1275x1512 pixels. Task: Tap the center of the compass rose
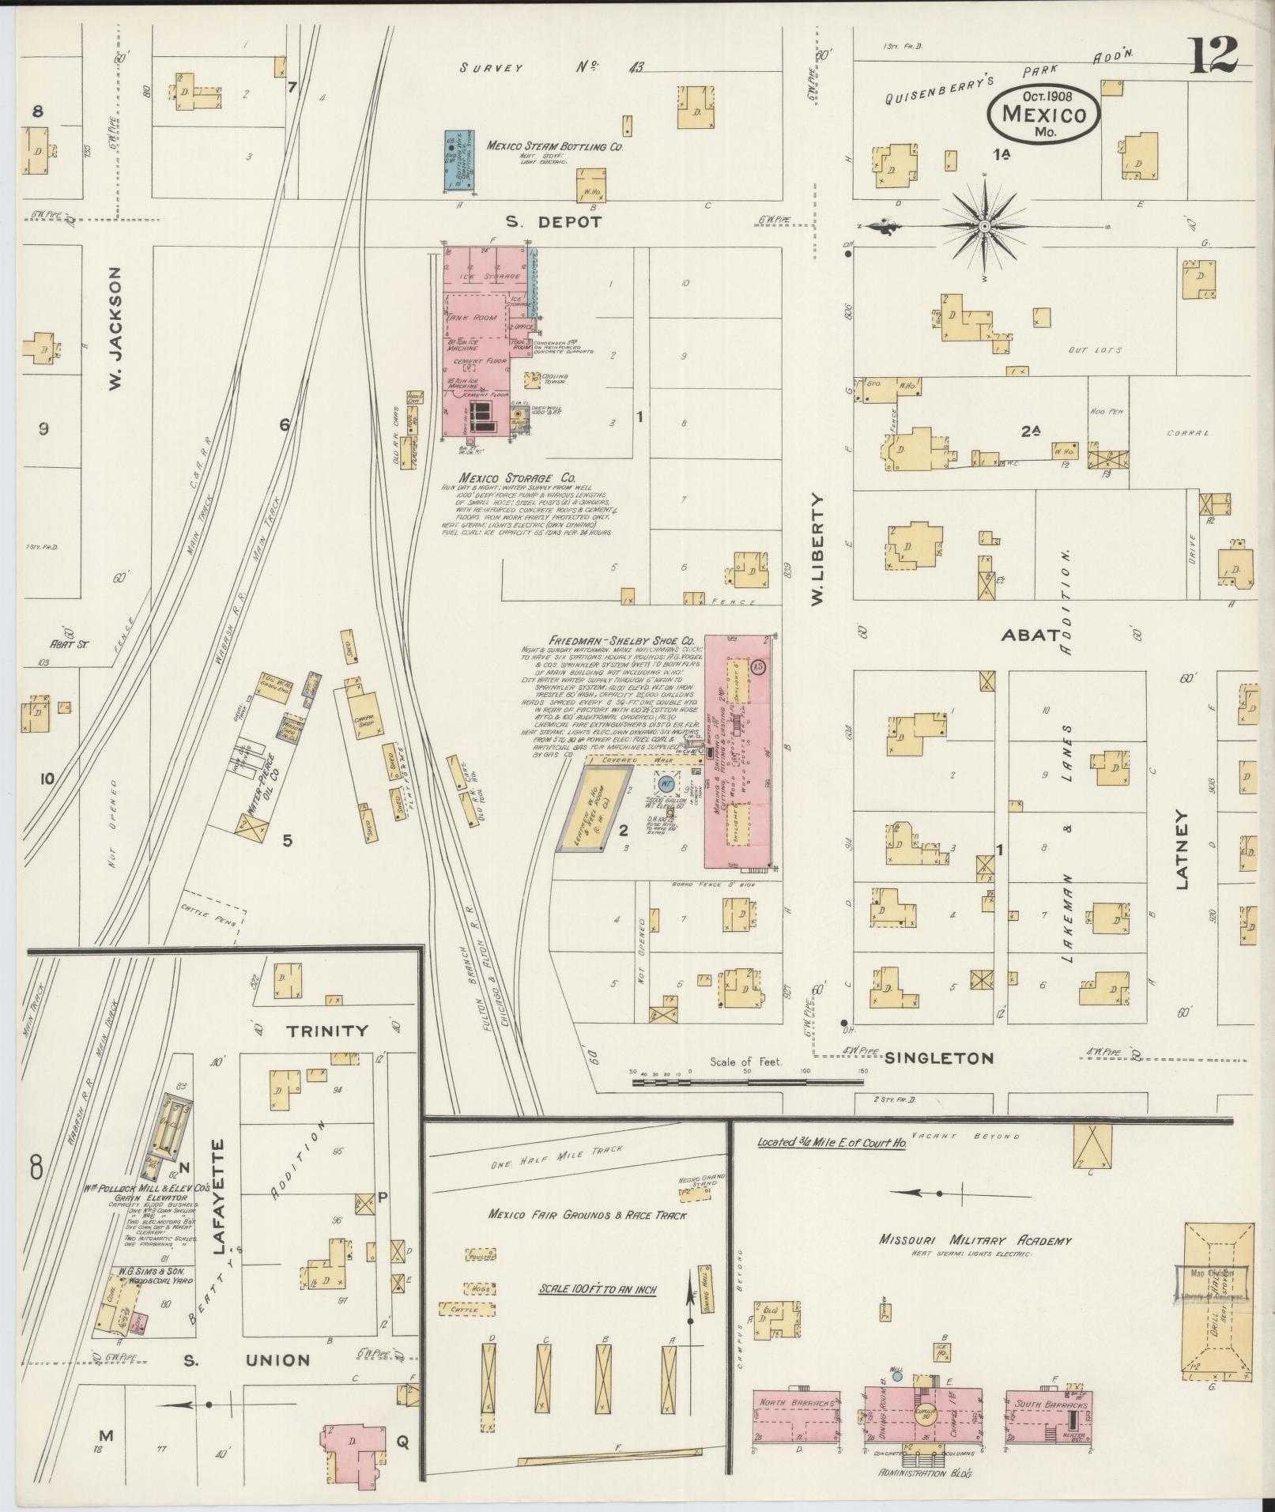click(985, 227)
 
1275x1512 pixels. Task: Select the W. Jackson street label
click(115, 327)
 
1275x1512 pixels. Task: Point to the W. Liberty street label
click(817, 550)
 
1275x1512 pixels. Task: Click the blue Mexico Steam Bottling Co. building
click(458, 161)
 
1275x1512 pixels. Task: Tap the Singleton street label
click(938, 1058)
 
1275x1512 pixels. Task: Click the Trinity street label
click(327, 1030)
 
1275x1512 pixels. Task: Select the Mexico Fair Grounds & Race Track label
click(587, 1215)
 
